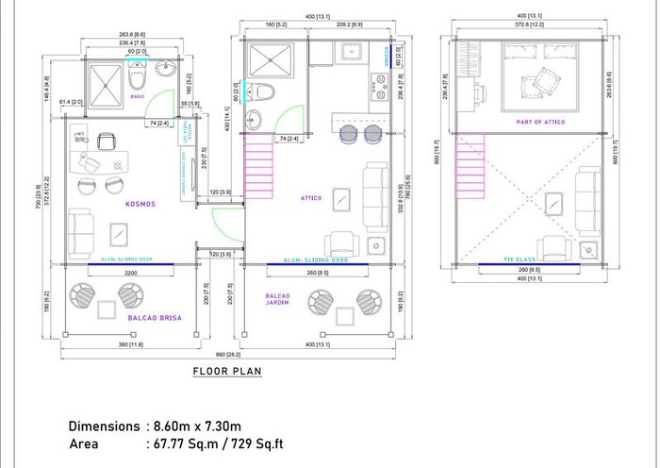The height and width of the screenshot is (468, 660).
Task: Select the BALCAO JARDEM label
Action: click(x=276, y=300)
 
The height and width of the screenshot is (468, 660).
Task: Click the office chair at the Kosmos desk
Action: click(x=105, y=142)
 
